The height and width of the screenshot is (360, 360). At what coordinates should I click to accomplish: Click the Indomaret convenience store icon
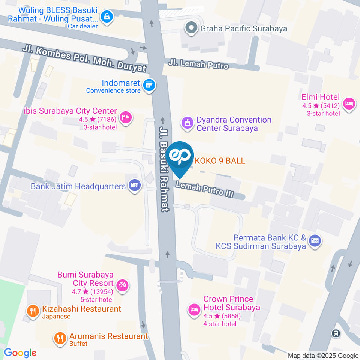(x=150, y=85)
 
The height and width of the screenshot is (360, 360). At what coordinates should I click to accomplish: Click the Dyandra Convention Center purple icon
(x=187, y=122)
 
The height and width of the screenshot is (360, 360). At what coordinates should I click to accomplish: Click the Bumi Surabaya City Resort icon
(x=122, y=286)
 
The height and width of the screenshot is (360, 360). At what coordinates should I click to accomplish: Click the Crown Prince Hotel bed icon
(x=194, y=310)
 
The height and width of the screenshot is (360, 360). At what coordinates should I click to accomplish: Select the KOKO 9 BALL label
(x=220, y=161)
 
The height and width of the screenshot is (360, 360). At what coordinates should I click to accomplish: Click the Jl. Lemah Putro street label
(x=198, y=64)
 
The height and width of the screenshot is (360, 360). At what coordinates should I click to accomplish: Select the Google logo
(x=20, y=352)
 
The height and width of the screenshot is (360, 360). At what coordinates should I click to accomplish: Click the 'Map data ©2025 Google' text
(x=323, y=355)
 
